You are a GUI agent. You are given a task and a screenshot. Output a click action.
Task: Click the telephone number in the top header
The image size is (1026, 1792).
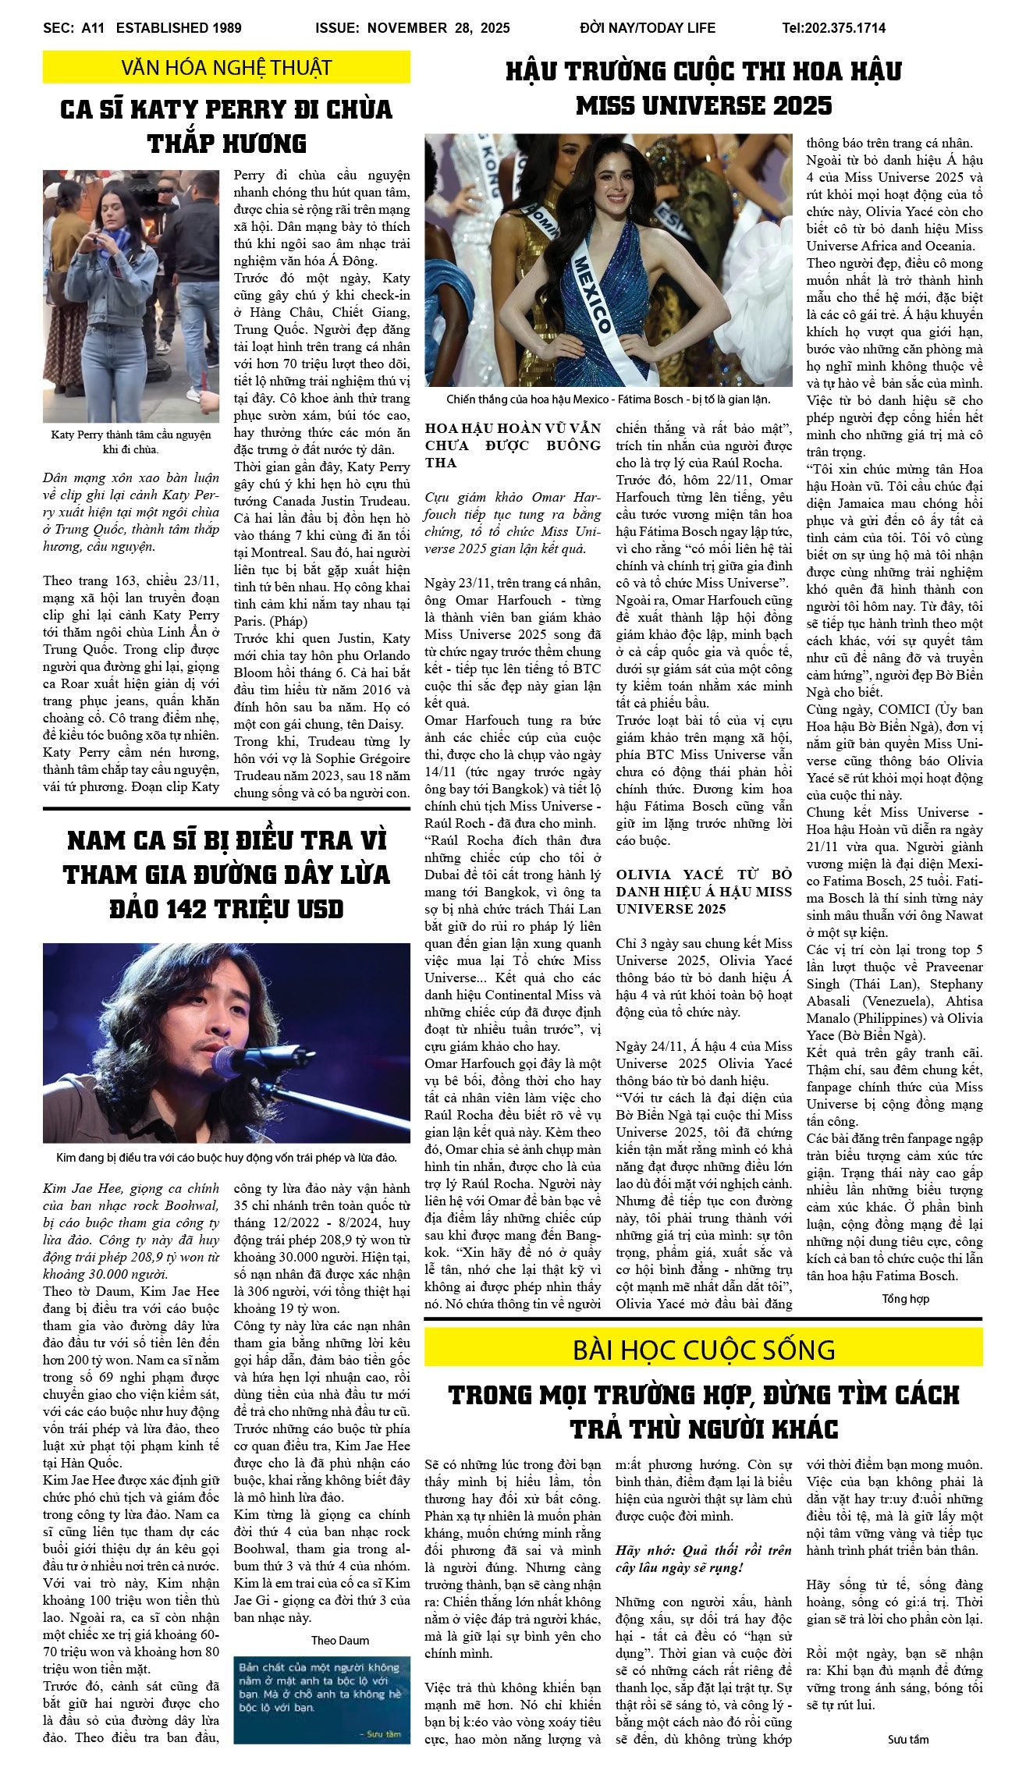[833, 28]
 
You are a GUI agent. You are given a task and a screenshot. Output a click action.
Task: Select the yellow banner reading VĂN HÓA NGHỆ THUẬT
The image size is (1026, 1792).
[226, 68]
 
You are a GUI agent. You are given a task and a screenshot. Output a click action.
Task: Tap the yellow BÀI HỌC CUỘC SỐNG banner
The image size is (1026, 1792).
[703, 1349]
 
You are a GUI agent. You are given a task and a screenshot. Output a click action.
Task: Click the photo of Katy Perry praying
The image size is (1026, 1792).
[131, 286]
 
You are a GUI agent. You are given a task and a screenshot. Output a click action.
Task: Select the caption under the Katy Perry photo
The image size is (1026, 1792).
[131, 442]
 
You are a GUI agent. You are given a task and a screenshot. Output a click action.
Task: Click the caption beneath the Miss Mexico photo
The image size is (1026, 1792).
[608, 399]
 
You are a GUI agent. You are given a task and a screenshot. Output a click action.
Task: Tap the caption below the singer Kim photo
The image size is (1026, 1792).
[226, 1158]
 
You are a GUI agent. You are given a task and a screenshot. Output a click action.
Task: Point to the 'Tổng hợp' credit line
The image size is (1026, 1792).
[905, 1299]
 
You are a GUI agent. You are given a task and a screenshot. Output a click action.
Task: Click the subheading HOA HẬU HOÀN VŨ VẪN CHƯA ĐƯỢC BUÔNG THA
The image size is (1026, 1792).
[513, 445]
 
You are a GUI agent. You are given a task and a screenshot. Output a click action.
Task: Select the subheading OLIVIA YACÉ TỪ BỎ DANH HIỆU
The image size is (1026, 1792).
[704, 892]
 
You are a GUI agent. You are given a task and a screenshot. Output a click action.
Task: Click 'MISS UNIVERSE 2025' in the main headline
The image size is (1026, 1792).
[704, 105]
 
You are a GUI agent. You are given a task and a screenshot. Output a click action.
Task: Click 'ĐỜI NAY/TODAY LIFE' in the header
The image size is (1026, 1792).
[647, 28]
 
